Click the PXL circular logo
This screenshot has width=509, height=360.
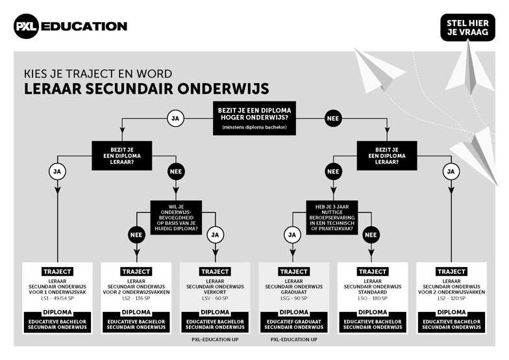(26, 26)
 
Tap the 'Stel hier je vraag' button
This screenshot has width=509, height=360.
(467, 27)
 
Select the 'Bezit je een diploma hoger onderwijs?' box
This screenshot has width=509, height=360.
(255, 118)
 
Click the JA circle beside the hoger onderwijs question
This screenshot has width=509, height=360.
(175, 118)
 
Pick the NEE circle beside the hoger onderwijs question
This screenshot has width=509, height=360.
(332, 118)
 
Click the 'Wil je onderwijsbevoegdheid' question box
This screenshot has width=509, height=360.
(176, 217)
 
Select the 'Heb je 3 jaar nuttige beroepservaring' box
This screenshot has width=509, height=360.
(332, 217)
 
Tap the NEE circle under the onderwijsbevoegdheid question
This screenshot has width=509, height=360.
(136, 235)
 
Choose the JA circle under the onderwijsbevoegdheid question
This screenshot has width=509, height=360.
(215, 235)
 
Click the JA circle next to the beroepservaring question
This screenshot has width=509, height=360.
(292, 235)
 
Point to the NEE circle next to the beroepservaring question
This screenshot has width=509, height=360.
(371, 235)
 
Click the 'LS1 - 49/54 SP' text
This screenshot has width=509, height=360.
(57, 298)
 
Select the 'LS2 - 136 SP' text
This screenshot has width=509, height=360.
(136, 298)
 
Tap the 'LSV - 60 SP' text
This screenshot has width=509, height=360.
(215, 298)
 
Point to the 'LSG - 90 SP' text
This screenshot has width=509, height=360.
(293, 298)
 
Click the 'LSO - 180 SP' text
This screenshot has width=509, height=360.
(373, 298)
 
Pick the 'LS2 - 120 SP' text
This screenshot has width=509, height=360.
(452, 298)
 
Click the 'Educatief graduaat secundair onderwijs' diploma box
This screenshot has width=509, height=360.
(293, 322)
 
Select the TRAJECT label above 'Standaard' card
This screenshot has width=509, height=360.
(373, 272)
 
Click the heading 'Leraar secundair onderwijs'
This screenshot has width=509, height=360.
(147, 88)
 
